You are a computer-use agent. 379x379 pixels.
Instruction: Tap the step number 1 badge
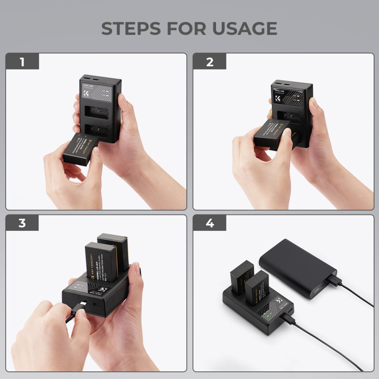click(x=22, y=62)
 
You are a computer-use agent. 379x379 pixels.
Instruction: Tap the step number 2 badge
click(x=210, y=62)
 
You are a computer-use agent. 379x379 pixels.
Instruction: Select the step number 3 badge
click(x=22, y=223)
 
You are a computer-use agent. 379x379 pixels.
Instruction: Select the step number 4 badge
click(x=210, y=223)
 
